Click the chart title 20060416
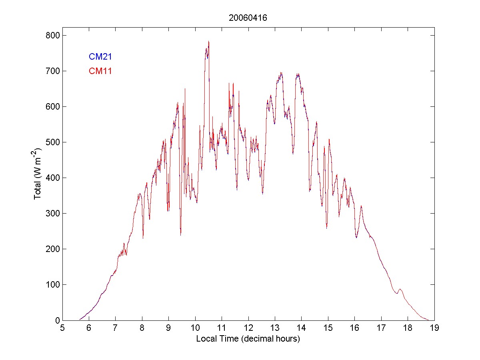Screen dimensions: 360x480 click(248, 18)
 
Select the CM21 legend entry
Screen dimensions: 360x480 click(100, 57)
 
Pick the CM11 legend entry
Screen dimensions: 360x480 click(100, 71)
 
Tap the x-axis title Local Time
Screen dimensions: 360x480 click(248, 339)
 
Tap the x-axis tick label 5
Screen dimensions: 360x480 click(62, 328)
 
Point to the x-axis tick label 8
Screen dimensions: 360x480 click(142, 328)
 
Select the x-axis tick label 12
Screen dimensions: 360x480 click(248, 328)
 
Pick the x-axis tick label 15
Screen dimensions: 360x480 click(328, 328)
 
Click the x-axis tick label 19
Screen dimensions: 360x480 click(434, 328)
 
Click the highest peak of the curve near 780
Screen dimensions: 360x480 click(208, 42)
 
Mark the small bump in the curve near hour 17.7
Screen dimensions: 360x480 click(400, 289)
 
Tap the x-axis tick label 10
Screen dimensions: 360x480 click(195, 328)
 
